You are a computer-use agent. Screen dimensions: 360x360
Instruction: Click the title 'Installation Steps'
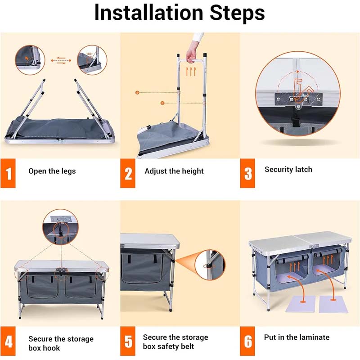click(180, 13)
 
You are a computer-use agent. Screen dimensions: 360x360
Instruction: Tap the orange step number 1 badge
click(8, 173)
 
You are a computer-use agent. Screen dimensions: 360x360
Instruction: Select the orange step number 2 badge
click(128, 173)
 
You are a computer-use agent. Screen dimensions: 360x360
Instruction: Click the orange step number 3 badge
click(248, 173)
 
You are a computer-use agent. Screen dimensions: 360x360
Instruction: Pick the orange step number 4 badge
click(8, 342)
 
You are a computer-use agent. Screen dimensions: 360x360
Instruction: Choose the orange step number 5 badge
click(128, 342)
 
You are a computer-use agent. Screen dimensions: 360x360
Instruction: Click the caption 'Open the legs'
click(52, 171)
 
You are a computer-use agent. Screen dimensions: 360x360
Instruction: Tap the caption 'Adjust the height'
click(174, 171)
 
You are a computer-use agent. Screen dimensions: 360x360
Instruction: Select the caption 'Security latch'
click(288, 170)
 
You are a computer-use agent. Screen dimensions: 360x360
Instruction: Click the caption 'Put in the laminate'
click(297, 337)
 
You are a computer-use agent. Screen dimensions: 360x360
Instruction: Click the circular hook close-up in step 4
click(60, 227)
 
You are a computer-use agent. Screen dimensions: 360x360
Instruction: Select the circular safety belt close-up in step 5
click(210, 265)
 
